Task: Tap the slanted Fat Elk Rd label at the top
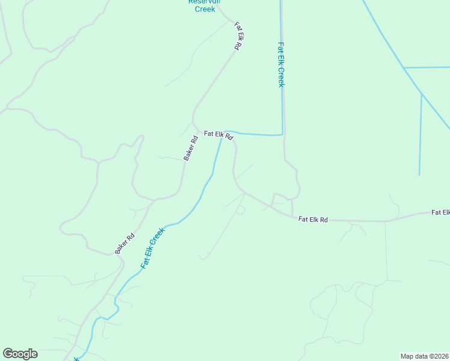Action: (239, 36)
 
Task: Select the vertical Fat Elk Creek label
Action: (280, 64)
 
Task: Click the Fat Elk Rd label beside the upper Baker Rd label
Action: (218, 135)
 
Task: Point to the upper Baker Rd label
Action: (191, 148)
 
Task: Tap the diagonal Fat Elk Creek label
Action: (152, 248)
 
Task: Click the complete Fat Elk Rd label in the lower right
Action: (313, 220)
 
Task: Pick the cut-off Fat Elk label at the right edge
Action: (440, 212)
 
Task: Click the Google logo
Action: (20, 354)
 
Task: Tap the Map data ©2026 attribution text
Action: (424, 356)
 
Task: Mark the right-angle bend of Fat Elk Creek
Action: (282, 134)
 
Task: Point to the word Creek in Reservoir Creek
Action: (205, 9)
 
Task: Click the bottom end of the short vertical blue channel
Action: (419, 174)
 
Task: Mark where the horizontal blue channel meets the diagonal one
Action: (404, 67)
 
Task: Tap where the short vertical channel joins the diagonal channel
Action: (421, 94)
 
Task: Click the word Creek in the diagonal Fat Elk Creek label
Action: (158, 238)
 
